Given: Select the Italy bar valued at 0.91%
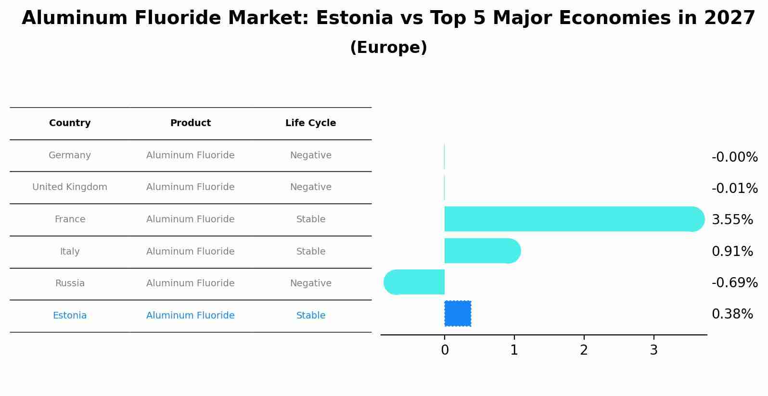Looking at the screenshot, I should pyautogui.click(x=481, y=251).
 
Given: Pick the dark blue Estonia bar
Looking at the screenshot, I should pyautogui.click(x=458, y=314).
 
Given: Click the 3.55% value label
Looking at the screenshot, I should pyautogui.click(x=732, y=220).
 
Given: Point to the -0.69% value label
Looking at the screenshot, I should pyautogui.click(x=734, y=283).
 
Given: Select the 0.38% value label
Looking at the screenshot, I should pyautogui.click(x=732, y=314).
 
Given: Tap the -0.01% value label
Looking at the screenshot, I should pyautogui.click(x=734, y=189).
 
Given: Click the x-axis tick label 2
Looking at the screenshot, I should pyautogui.click(x=584, y=350).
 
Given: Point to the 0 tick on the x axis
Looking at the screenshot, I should pyautogui.click(x=445, y=350).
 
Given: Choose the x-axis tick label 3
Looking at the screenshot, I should pyautogui.click(x=653, y=350).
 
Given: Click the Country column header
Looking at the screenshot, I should pyautogui.click(x=70, y=123).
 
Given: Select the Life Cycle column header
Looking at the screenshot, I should pyautogui.click(x=310, y=123).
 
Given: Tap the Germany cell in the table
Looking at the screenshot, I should pyautogui.click(x=70, y=155).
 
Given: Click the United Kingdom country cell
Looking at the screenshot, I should pyautogui.click(x=70, y=187).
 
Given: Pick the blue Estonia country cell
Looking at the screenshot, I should pyautogui.click(x=70, y=316).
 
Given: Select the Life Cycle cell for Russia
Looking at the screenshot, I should pyautogui.click(x=310, y=283).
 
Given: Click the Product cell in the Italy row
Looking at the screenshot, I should pyautogui.click(x=190, y=252).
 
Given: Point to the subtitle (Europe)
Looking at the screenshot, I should pyautogui.click(x=388, y=48).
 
